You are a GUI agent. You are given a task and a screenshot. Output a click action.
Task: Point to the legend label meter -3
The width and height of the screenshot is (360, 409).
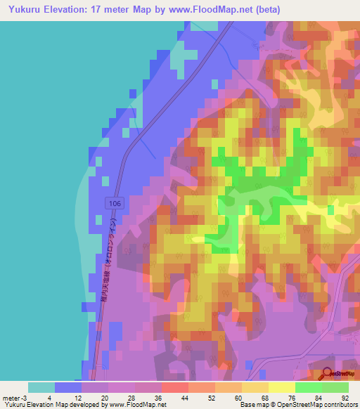click(x=14, y=397)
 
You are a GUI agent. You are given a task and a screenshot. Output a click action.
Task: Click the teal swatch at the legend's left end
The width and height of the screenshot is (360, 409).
click(x=41, y=387)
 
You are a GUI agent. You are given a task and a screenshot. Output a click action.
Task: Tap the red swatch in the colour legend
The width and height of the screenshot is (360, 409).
click(x=174, y=387)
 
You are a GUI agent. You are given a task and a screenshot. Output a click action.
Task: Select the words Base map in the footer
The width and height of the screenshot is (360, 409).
click(x=252, y=405)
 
